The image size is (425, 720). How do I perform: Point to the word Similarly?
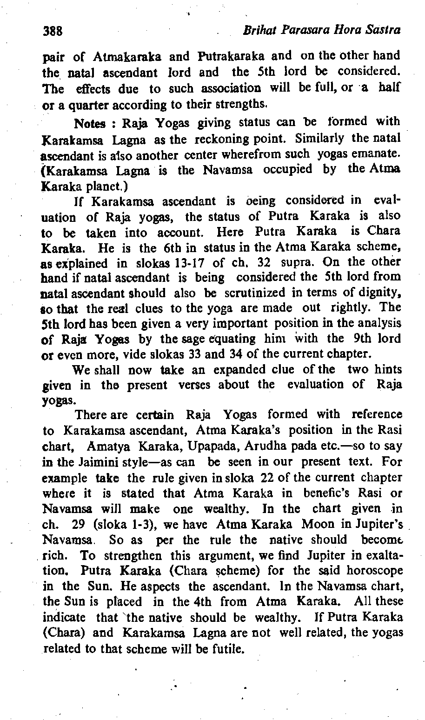(x=325, y=138)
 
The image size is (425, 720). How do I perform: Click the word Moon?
(x=318, y=524)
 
